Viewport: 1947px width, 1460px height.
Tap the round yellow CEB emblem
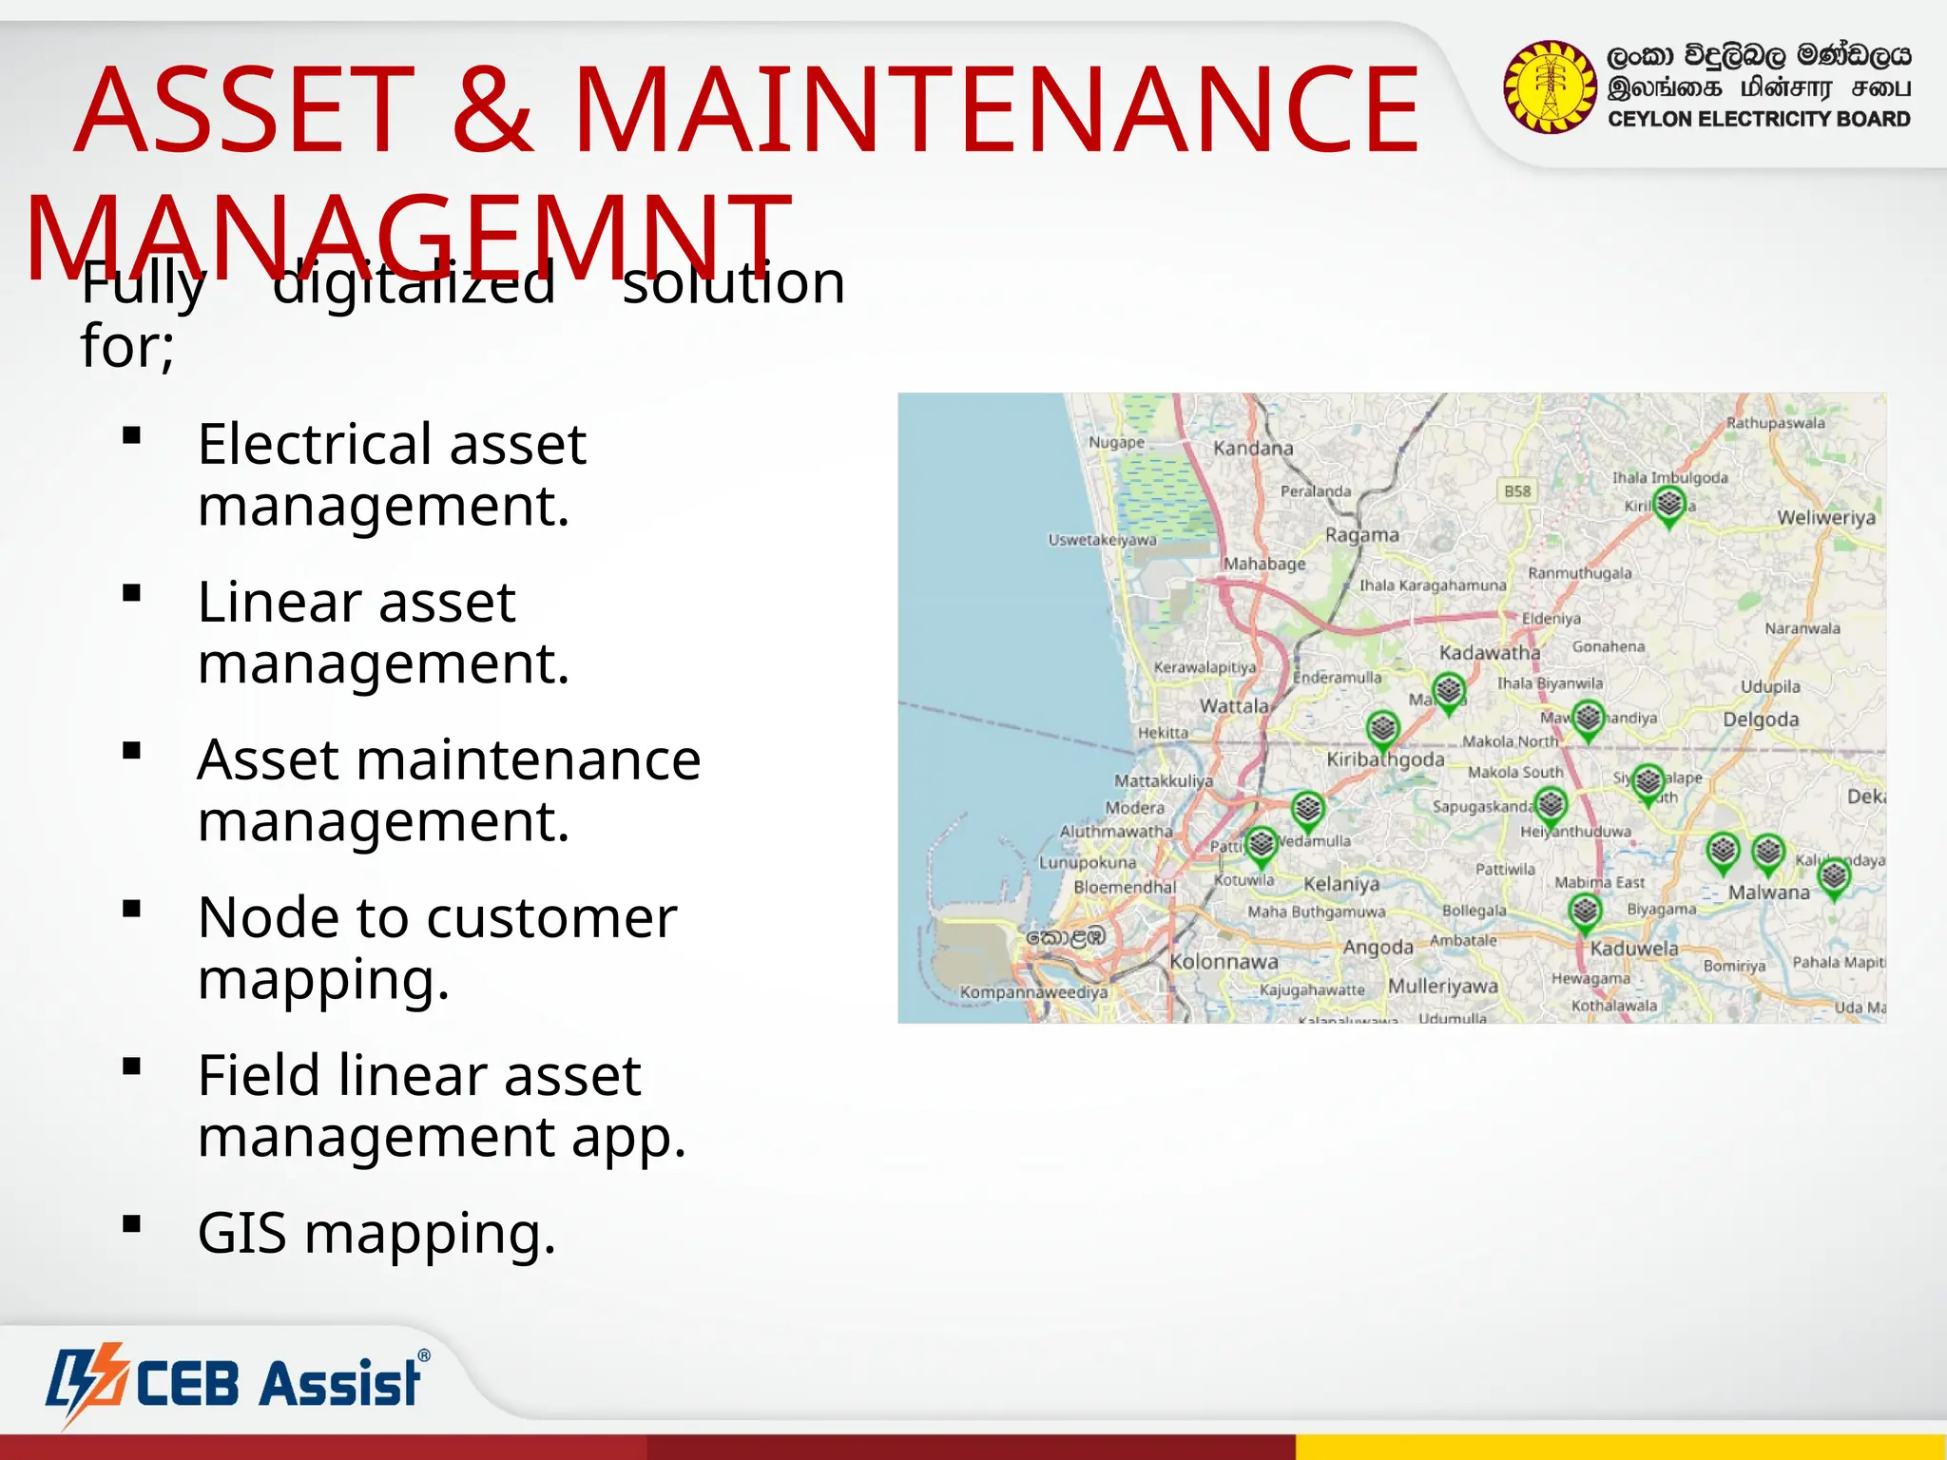1550,86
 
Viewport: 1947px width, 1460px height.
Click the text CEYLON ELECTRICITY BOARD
1759,120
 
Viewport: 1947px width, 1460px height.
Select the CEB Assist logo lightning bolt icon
88,1382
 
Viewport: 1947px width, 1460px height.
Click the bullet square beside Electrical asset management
132,436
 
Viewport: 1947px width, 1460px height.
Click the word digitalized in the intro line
414,282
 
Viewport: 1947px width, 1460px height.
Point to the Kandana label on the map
1253,448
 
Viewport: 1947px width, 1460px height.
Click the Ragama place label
1361,535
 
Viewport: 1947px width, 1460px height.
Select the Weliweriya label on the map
1826,518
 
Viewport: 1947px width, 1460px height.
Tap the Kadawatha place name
1489,653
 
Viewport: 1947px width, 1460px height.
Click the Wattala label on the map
1233,706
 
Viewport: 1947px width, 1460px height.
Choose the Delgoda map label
1761,720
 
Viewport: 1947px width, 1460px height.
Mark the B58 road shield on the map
1517,490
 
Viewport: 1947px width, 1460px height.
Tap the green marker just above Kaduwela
1584,912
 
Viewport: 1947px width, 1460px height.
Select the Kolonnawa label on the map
1224,962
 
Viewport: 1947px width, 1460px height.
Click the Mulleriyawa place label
1442,987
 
